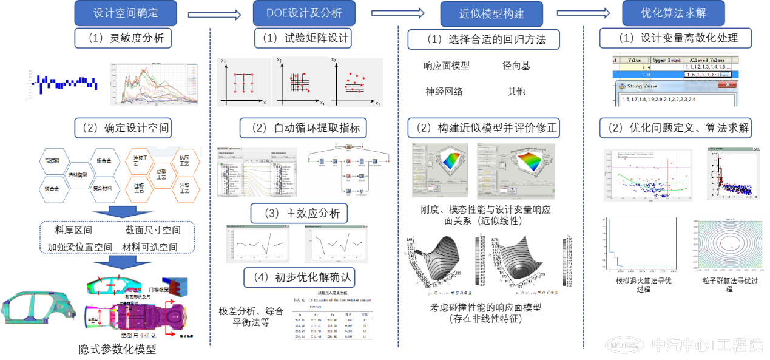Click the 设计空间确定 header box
pos(126,13)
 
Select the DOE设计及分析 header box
pos(304,13)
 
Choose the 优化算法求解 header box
pos(673,13)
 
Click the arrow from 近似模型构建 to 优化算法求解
pos(583,13)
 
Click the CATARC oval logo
pos(624,345)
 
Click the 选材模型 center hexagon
pos(81,174)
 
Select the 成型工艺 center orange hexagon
pos(161,174)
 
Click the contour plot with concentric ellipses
pos(729,244)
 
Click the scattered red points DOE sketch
pos(357,83)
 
